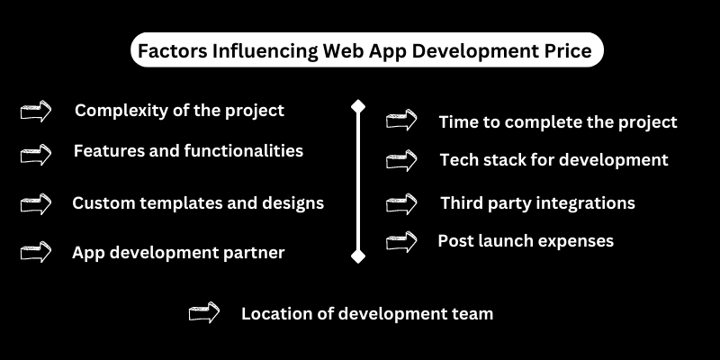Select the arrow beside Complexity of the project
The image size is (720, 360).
(36, 111)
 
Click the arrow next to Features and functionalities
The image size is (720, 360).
(36, 154)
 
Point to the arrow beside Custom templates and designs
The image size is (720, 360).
(36, 204)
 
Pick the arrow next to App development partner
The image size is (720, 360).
(36, 252)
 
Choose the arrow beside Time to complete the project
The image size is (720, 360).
(401, 120)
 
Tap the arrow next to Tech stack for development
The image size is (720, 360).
(401, 160)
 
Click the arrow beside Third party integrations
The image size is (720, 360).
(401, 204)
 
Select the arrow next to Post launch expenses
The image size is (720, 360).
(401, 241)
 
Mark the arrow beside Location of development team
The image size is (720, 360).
(204, 312)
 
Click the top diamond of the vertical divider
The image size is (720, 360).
(358, 106)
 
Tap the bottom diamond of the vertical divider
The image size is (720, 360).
(358, 256)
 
